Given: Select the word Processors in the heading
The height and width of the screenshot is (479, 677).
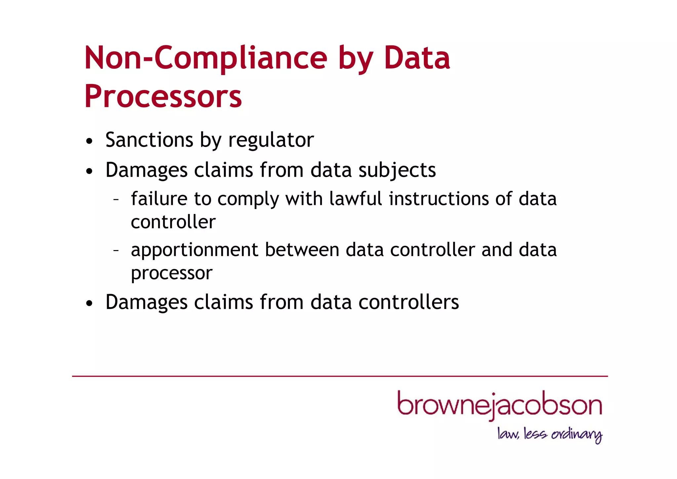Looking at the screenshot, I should (x=163, y=97).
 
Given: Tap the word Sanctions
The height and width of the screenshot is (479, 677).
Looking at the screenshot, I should (x=149, y=140).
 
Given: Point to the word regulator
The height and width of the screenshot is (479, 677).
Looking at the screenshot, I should (x=271, y=140).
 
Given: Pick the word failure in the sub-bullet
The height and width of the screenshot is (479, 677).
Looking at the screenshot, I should (x=159, y=198).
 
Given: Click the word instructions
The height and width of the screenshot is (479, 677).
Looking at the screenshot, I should (x=438, y=198).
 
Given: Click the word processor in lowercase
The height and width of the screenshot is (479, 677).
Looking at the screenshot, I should (x=172, y=274).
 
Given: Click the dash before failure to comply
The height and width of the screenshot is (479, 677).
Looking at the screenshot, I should (x=116, y=199).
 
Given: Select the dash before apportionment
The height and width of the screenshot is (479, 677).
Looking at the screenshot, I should (x=116, y=250).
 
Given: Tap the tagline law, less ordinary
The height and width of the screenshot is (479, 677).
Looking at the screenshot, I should (x=549, y=434).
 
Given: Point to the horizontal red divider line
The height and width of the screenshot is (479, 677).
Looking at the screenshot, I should (x=340, y=376).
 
